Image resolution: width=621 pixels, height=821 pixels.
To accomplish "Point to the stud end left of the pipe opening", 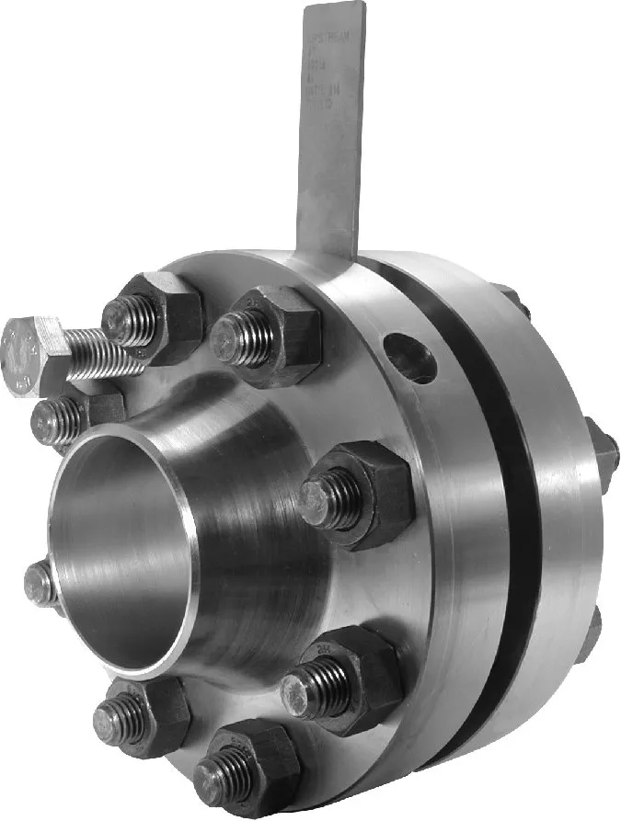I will [x=40, y=584].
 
